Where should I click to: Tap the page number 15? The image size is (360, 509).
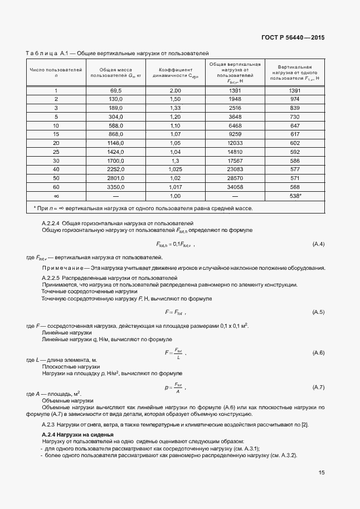(322, 473)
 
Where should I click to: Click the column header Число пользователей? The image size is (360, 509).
(56, 73)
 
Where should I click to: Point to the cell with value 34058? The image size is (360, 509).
(235, 187)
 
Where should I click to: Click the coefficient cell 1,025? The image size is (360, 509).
(176, 169)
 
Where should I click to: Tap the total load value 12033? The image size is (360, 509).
(235, 143)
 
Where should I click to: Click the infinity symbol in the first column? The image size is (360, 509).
(56, 196)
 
